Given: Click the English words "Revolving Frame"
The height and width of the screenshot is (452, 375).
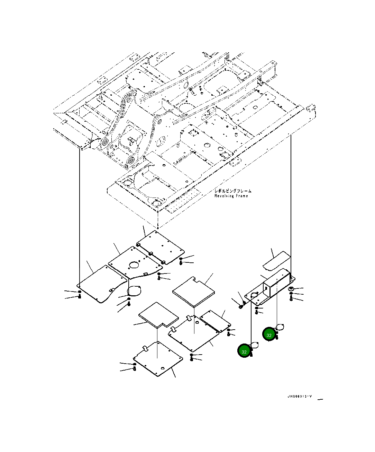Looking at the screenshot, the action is point(231,196).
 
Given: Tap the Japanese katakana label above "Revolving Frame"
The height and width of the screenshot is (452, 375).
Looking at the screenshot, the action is point(233,191).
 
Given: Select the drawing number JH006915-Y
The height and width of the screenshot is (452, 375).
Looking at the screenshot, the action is point(300,396).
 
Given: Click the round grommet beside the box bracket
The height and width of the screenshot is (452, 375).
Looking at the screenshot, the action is point(291,288).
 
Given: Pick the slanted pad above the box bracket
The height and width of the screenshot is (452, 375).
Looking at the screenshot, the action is point(276,261).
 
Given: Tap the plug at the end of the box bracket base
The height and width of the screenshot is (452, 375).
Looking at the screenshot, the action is point(241,306).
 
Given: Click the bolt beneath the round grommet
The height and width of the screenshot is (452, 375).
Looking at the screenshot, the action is point(291,299).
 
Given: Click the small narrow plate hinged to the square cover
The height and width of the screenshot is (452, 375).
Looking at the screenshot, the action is point(216,321).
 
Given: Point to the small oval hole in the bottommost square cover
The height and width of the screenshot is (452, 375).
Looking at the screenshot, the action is point(163,368).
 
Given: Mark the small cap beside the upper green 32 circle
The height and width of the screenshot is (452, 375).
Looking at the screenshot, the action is point(280,327).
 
